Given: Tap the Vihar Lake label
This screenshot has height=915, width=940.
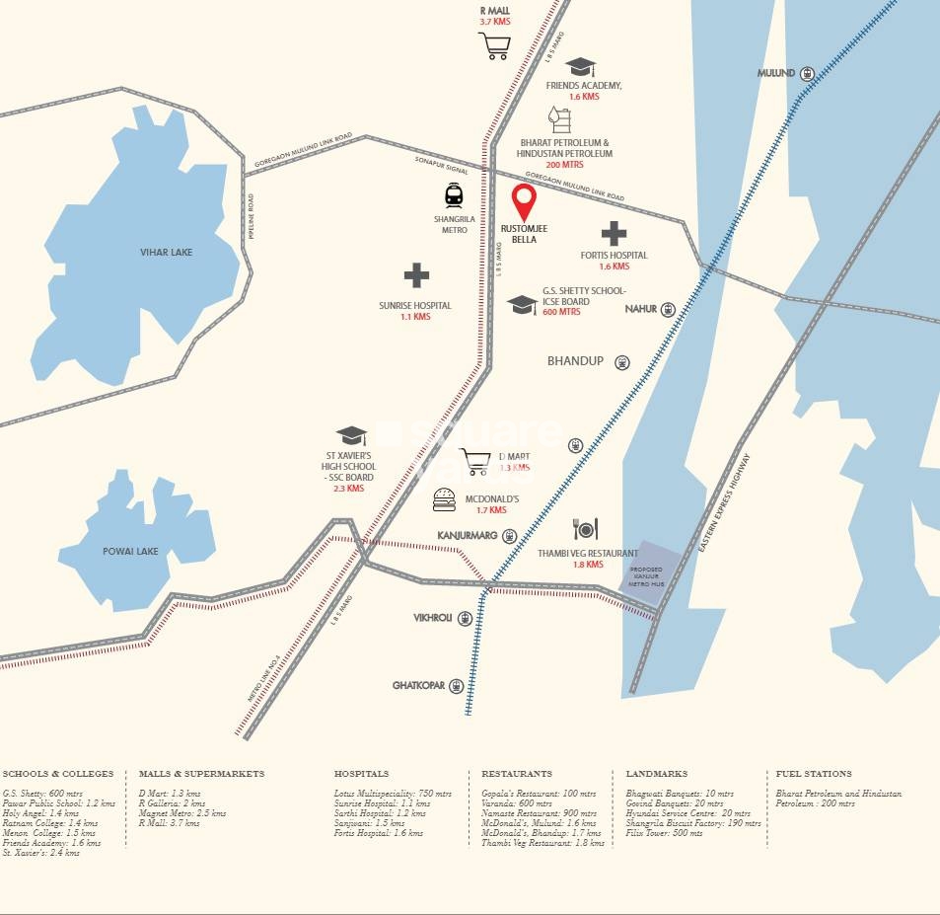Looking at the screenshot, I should [x=166, y=253].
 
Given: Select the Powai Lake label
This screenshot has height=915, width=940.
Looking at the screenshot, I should [x=131, y=552].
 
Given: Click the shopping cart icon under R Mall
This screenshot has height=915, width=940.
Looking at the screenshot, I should [x=493, y=45].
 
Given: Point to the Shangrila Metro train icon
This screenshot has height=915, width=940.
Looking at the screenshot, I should [x=454, y=195].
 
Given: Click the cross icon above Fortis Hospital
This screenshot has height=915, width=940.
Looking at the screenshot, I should [x=614, y=234].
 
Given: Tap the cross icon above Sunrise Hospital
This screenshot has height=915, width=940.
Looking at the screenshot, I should [x=415, y=276].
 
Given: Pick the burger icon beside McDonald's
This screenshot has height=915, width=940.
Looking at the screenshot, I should [x=444, y=500].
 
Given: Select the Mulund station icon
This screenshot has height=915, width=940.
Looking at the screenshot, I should [x=807, y=73].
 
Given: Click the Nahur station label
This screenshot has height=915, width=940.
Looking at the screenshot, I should [x=641, y=309].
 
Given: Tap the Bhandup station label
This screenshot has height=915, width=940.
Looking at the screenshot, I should [x=575, y=361].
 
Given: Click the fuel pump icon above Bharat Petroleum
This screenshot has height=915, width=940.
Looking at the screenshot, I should [x=559, y=119].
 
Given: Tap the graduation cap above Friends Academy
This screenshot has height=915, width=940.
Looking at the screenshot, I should [x=581, y=67].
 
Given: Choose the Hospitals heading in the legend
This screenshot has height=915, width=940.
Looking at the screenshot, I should [x=362, y=774].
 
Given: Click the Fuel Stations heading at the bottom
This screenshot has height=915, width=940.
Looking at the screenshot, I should [x=814, y=774].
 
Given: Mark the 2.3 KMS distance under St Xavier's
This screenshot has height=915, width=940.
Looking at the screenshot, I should [x=348, y=489].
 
